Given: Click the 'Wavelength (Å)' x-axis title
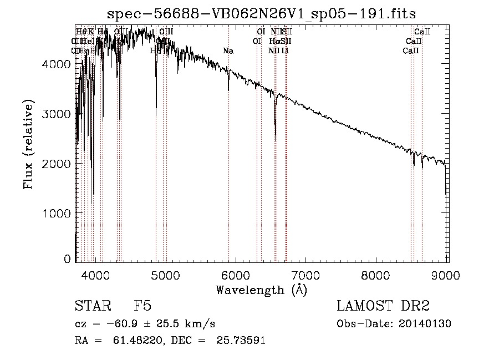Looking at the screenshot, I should click(x=261, y=290).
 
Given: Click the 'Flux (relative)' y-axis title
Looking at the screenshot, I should click(x=28, y=144).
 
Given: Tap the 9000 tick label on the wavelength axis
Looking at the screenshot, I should click(x=447, y=274).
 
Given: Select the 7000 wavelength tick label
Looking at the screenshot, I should click(x=306, y=274).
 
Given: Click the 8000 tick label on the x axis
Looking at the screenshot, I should click(x=376, y=274).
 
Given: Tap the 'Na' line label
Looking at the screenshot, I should click(x=228, y=51).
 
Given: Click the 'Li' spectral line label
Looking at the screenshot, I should click(x=284, y=51).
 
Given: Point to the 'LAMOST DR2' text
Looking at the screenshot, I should click(x=383, y=307).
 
